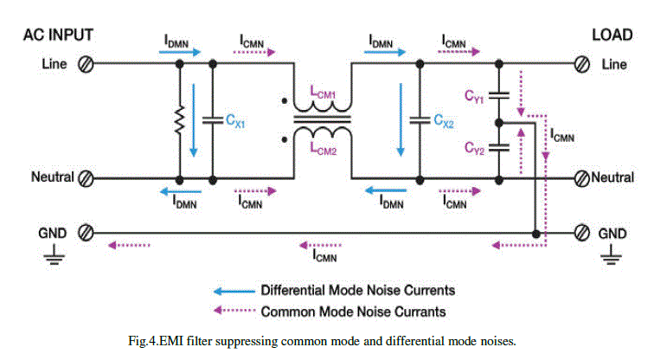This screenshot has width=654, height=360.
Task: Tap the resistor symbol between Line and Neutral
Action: pos(180,122)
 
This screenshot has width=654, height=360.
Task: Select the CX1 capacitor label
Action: pos(236,122)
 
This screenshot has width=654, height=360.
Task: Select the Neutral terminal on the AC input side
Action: pos(87,179)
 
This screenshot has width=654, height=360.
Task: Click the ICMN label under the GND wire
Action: pos(325,255)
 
